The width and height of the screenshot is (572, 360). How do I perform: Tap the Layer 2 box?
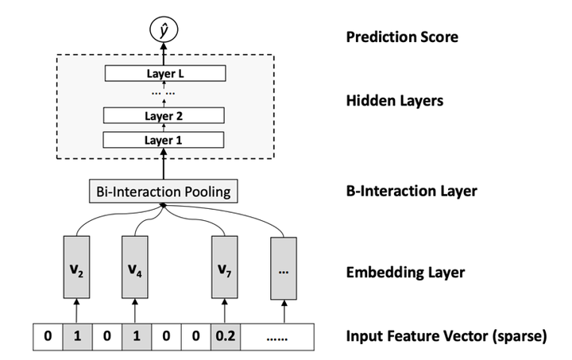[x=164, y=116]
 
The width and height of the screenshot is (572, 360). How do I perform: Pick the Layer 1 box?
[x=164, y=140]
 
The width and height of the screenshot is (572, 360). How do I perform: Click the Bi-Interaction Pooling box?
[x=164, y=192]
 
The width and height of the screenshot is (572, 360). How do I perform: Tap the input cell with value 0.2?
[x=223, y=337]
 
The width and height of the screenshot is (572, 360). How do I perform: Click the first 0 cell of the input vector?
[x=47, y=337]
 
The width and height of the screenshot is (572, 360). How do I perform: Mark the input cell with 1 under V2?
[x=77, y=337]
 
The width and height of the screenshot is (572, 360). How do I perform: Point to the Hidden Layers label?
[x=395, y=101]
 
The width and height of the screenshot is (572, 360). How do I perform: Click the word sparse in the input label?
[x=520, y=337]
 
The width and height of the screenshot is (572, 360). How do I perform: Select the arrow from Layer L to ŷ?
[x=164, y=54]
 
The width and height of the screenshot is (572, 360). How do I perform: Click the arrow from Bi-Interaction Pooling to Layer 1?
[x=164, y=165]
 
